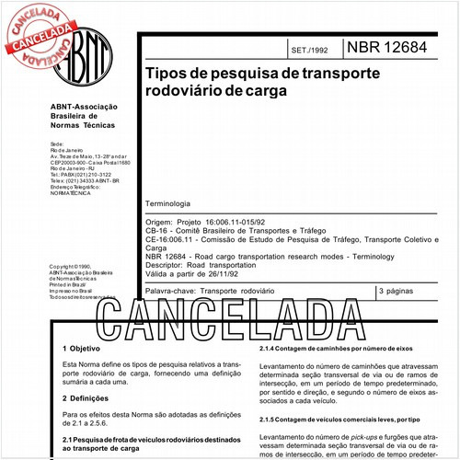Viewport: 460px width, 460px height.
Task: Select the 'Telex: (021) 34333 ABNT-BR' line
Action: tap(84, 180)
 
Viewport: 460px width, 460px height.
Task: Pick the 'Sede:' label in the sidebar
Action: tap(57, 145)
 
